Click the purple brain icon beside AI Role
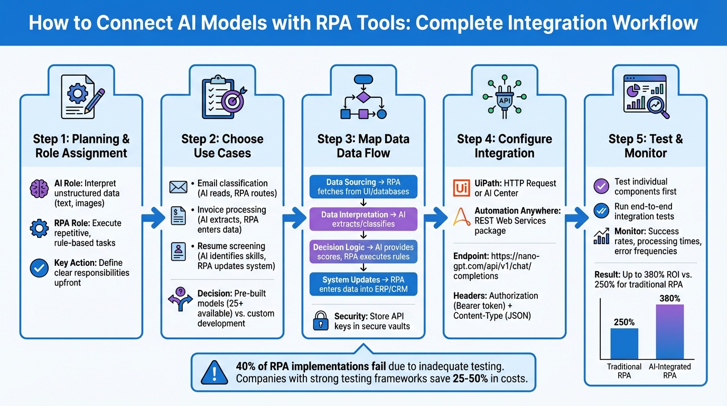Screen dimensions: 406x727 (40, 188)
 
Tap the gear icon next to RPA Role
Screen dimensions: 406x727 (40, 228)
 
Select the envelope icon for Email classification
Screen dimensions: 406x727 (179, 187)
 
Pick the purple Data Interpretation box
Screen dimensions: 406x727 (363, 219)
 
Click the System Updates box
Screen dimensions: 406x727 (363, 284)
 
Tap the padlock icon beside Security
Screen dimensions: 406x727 (321, 321)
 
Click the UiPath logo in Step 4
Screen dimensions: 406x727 (461, 188)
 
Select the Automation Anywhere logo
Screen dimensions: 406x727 (461, 216)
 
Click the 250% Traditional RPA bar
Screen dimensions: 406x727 (624, 344)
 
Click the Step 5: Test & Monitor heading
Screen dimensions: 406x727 (645, 146)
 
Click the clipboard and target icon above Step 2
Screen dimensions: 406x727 (222, 95)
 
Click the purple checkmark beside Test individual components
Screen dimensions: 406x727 (601, 186)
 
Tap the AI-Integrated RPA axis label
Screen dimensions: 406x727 (669, 371)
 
